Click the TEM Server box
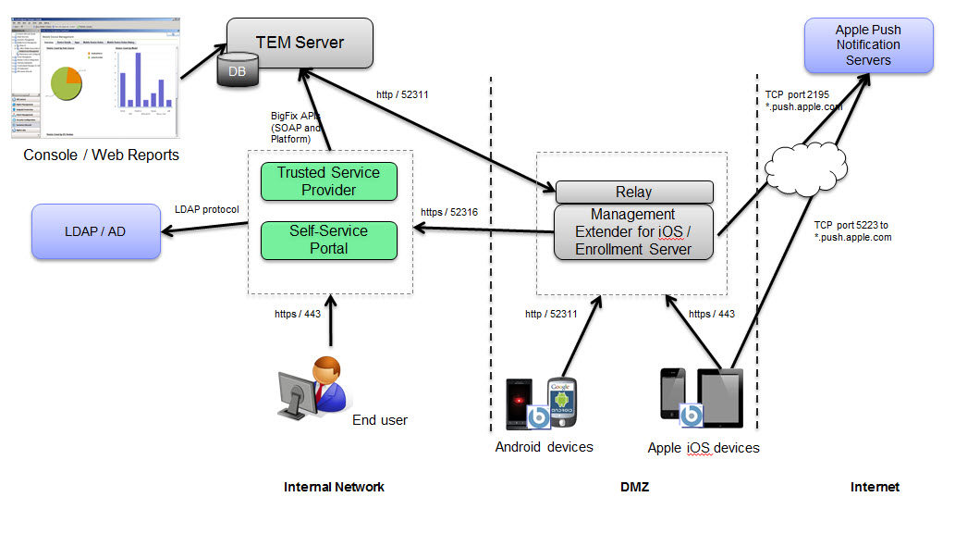(x=300, y=43)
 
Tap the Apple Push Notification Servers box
(x=868, y=45)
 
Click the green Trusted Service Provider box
(x=328, y=181)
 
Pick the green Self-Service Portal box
(x=328, y=239)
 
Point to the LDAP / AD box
(x=96, y=230)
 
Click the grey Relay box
(x=633, y=192)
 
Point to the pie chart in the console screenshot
(x=67, y=84)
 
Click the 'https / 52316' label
(x=450, y=212)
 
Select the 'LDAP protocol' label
(x=207, y=209)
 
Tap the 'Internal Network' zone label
(x=334, y=487)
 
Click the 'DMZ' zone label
(x=633, y=487)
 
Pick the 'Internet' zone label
(x=875, y=487)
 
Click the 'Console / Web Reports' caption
(x=102, y=155)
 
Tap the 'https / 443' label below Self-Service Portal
(x=298, y=314)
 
